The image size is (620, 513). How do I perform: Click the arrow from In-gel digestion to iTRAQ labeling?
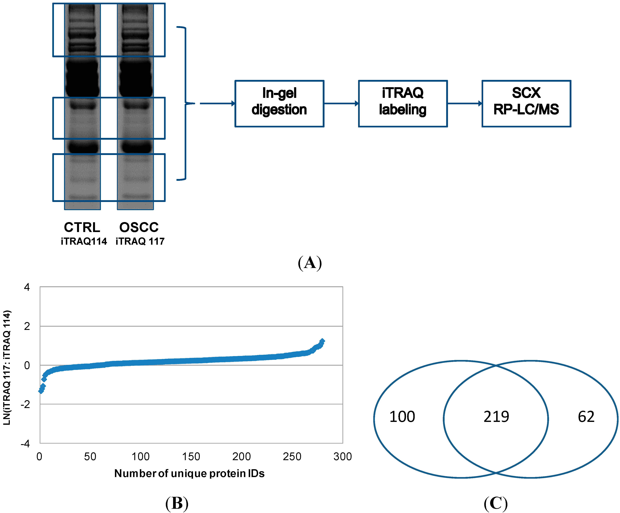pyautogui.click(x=341, y=103)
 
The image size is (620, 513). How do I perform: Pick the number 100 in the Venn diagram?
pyautogui.click(x=402, y=417)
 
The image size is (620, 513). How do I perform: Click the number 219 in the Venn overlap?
pyautogui.click(x=496, y=417)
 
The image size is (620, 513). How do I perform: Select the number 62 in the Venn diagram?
pyautogui.click(x=586, y=417)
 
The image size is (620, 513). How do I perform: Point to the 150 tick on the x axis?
pyautogui.click(x=191, y=457)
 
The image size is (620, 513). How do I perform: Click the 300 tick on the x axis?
pyautogui.click(x=342, y=457)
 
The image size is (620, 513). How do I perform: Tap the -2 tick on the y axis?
pyautogui.click(x=26, y=404)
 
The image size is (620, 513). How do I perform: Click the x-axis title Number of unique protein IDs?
pyautogui.click(x=189, y=473)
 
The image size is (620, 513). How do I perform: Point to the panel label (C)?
pyautogui.click(x=496, y=503)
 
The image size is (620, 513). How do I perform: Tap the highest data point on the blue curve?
pyautogui.click(x=322, y=341)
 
